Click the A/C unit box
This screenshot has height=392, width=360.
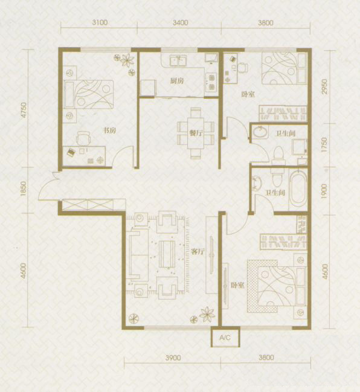[225, 337]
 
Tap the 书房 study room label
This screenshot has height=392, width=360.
[110, 130]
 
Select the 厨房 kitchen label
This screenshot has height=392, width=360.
[177, 81]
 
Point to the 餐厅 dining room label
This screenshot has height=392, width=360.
[196, 133]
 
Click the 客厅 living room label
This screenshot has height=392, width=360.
[198, 252]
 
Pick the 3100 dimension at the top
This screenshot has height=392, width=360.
[100, 22]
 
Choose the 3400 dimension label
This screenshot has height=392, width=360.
[180, 23]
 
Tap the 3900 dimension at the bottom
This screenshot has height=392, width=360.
[173, 358]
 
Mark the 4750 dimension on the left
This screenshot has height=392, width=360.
[24, 110]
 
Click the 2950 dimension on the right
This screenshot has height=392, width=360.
[324, 86]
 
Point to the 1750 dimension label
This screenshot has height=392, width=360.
[324, 144]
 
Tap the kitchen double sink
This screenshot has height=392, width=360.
[179, 60]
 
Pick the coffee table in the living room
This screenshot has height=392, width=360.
[167, 254]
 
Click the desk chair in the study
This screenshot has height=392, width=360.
[83, 138]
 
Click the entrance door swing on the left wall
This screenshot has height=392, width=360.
[48, 186]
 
